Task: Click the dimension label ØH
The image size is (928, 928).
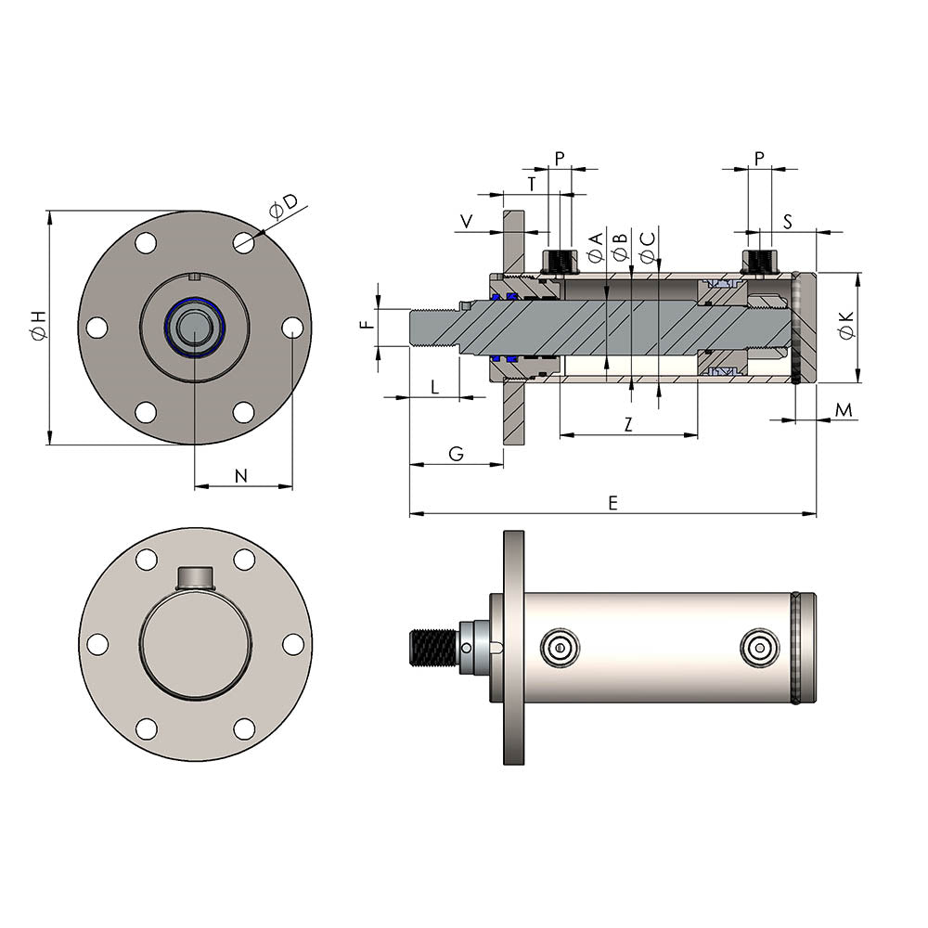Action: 38,327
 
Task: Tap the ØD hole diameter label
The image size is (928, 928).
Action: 283,207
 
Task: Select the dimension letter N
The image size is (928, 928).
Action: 241,476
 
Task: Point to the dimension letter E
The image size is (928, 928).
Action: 612,502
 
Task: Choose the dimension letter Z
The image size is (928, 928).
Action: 628,424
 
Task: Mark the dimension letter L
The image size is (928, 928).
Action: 434,387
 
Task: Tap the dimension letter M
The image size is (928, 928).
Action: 843,409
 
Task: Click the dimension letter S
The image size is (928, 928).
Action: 787,221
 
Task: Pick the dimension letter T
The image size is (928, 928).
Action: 531,184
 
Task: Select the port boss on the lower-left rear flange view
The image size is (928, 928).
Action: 195,578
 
